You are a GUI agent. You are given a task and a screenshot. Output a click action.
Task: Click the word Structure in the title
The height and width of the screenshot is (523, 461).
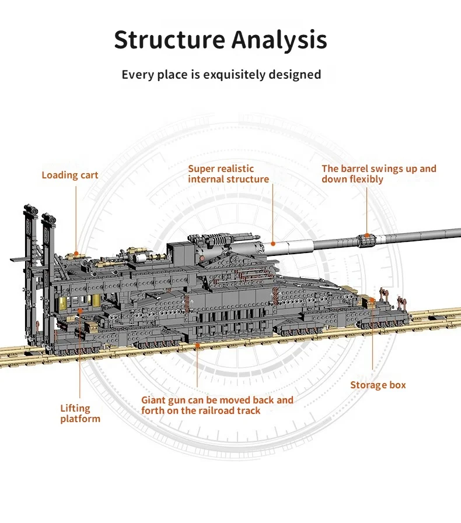point(169,40)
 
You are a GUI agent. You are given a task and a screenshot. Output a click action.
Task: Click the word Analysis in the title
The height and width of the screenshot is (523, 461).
point(280,40)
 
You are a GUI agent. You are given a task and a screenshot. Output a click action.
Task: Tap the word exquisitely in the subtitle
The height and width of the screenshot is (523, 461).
point(229,75)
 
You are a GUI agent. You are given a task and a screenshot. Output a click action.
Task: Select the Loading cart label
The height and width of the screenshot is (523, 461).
point(69,175)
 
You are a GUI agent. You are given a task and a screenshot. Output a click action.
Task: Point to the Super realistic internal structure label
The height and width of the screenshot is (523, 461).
point(228,174)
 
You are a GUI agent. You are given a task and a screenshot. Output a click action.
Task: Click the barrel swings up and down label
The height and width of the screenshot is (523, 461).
point(379,174)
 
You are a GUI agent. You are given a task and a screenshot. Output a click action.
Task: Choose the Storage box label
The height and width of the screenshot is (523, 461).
point(378,385)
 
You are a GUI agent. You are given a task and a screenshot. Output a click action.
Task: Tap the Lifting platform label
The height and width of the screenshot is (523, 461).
point(80,413)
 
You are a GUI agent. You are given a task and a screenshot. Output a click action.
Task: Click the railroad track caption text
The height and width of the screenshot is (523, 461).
point(217,405)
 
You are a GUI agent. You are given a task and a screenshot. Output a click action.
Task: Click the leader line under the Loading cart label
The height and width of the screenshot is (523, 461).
point(76,216)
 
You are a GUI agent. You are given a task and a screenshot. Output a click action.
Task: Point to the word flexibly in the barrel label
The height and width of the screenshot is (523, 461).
point(366,179)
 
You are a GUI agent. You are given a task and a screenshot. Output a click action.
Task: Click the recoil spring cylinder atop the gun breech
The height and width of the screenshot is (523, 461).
point(219,239)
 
